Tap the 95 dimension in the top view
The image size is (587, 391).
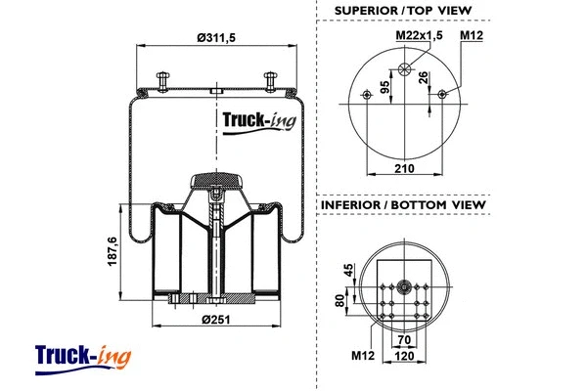point(385,87)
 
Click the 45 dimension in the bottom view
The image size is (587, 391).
point(346,270)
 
